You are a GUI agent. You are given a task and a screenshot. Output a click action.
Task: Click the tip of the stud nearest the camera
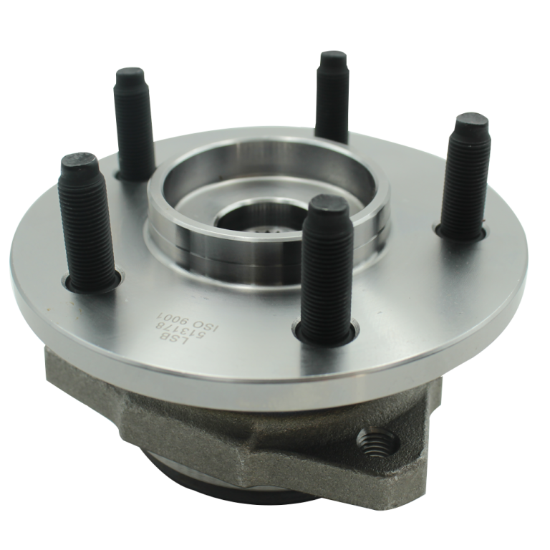329,210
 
